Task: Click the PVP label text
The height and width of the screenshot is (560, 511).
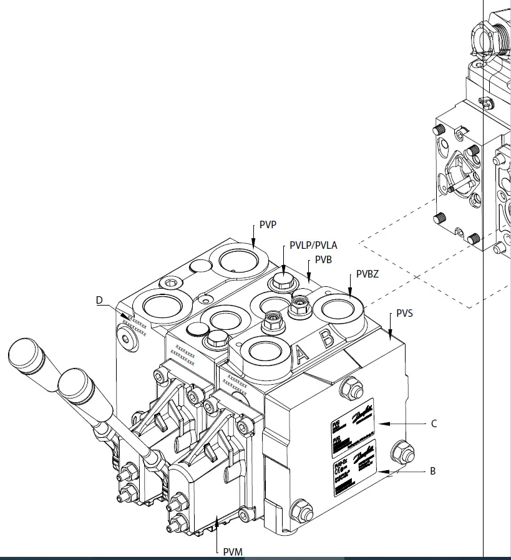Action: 268,224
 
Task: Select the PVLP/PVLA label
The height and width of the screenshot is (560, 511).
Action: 313,246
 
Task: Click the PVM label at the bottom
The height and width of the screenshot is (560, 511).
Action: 233,551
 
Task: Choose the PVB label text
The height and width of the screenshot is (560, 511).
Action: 323,259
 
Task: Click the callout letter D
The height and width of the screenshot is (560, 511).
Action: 99,300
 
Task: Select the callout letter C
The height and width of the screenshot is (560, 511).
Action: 434,424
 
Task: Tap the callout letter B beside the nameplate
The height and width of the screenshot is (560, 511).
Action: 432,471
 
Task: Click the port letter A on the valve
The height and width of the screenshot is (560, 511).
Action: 302,355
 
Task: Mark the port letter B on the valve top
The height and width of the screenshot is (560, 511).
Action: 326,339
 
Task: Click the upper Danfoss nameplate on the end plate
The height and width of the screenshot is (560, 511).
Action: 352,422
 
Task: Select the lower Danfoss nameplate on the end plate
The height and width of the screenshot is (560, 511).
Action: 354,468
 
